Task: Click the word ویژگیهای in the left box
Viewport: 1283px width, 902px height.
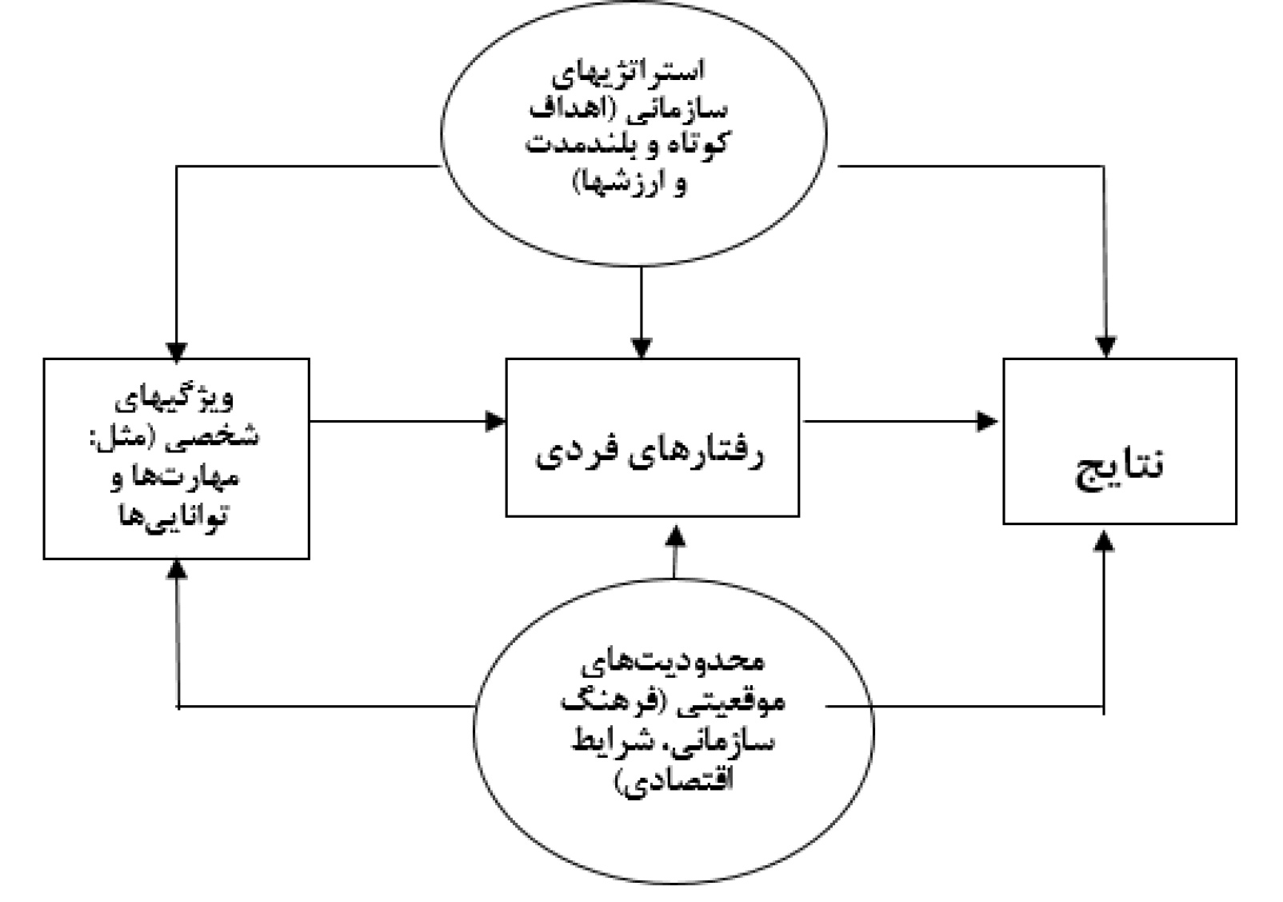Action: (177, 398)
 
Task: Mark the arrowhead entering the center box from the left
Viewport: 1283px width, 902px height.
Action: (496, 420)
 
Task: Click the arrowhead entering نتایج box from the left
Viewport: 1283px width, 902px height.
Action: (989, 420)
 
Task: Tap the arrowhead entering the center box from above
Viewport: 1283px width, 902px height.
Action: (641, 347)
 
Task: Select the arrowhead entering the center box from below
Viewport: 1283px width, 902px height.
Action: (676, 535)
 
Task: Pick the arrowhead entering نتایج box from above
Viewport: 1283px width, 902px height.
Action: (1105, 347)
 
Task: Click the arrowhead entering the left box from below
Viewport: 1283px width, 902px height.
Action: (178, 568)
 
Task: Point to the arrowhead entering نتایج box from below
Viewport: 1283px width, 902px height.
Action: (1104, 542)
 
